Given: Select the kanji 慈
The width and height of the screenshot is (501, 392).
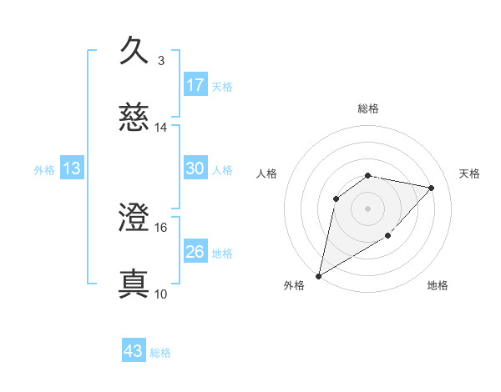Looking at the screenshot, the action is point(134,118).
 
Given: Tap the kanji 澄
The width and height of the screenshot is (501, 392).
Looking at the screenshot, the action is point(134,218).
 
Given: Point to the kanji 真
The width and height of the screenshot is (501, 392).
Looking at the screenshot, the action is point(134,284).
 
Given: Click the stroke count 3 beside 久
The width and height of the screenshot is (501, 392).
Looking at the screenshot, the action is point(160,60).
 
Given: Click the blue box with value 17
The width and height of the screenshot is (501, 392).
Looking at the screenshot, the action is point(195,84).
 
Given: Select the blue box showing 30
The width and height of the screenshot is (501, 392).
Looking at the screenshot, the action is point(195,168).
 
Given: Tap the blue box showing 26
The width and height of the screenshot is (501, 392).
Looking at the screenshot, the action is point(195,252).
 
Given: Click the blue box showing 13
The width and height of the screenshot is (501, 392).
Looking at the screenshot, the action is point(72,168).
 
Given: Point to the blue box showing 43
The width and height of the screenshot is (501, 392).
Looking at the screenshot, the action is point(134,351).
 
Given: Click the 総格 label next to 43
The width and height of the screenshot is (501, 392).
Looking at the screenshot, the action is point(160,353).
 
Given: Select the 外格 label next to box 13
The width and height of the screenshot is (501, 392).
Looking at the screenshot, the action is point(44,170).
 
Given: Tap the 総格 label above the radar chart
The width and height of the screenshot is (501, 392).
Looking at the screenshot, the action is point(368,108).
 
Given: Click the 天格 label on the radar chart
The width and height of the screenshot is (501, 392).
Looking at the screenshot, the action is point(469,173).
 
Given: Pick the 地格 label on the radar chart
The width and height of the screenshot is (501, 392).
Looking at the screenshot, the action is point(438,285).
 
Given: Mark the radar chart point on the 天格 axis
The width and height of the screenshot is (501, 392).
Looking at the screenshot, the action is point(432,188).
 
